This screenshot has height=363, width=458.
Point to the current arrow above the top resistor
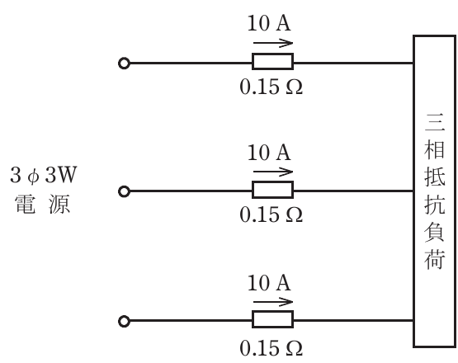273,43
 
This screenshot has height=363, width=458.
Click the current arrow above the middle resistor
273,172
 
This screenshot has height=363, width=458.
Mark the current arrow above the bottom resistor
273,302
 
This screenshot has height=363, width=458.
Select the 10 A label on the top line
269,23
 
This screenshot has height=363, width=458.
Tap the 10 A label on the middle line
269,153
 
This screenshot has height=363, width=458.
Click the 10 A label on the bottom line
269,283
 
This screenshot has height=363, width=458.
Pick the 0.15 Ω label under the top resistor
271,87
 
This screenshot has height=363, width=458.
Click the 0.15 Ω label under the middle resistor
271,214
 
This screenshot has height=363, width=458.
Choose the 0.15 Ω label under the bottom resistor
271,348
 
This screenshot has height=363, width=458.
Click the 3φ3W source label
43,175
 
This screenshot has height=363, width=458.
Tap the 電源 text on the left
43,204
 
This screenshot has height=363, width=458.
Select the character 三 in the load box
435,123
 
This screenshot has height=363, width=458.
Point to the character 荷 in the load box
435,259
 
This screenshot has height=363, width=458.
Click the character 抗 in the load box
435,204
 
